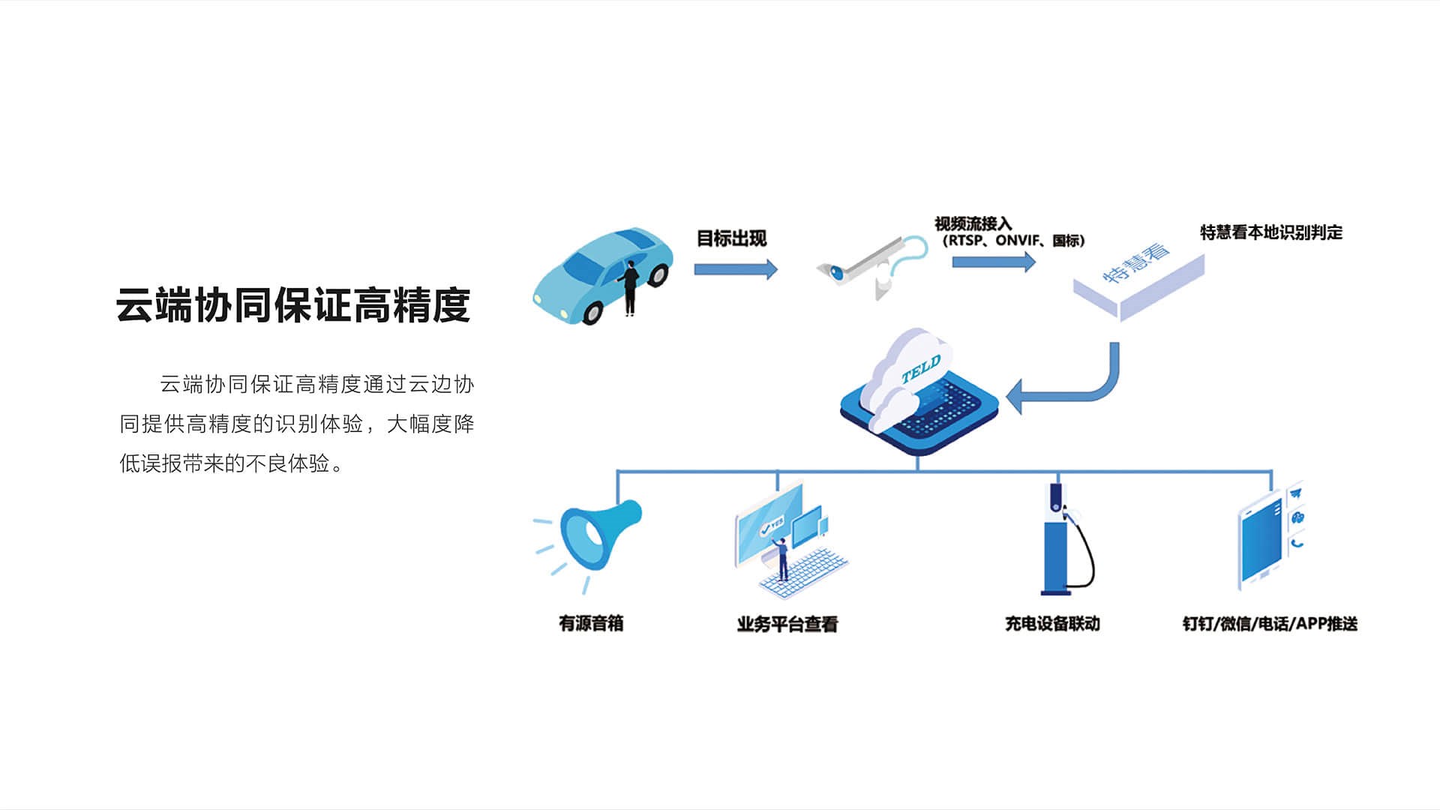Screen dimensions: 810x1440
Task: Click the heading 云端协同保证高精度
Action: coord(292,305)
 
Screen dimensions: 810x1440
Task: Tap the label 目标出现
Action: coord(731,238)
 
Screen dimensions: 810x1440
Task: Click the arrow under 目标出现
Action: coord(735,269)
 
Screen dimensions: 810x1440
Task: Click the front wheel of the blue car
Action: coord(592,311)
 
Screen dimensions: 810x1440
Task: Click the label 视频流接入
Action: coord(973,223)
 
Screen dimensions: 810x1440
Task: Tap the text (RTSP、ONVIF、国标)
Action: coord(1012,241)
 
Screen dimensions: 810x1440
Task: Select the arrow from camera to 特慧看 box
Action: coord(993,262)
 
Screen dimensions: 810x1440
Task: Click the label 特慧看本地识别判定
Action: coord(1270,232)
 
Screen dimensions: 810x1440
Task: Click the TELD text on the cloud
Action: coord(920,369)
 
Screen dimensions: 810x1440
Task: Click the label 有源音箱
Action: coord(591,623)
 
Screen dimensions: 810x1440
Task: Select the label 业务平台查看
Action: coord(787,624)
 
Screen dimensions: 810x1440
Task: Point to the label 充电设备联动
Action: coord(1052,623)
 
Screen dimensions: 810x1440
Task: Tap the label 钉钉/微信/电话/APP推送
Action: coord(1270,624)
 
